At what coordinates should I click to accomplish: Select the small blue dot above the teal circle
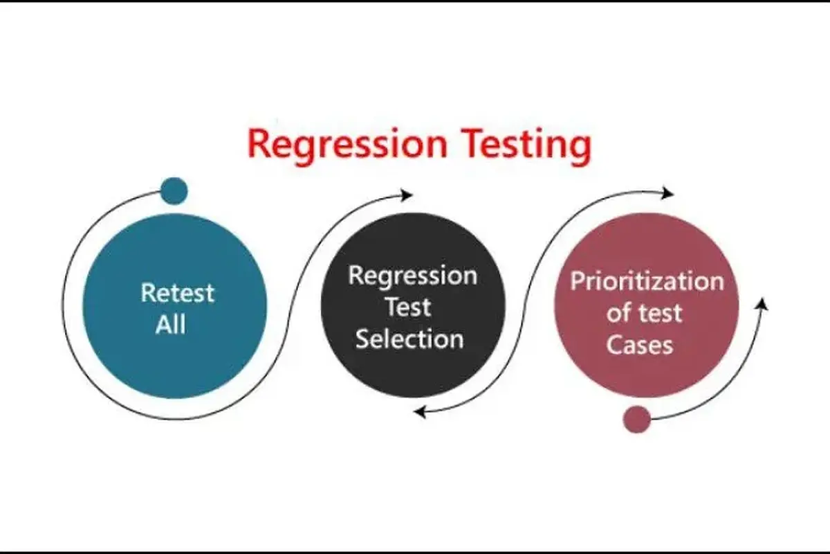point(174,191)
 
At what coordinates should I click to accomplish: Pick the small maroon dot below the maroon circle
point(636,419)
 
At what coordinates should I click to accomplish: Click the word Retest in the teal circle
point(177,292)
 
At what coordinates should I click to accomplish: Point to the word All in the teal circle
point(170,324)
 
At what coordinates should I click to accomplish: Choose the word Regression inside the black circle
point(412,276)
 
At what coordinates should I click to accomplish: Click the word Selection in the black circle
point(409,339)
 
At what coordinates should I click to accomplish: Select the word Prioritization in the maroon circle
point(646,282)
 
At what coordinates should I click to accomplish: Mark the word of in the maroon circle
point(618,313)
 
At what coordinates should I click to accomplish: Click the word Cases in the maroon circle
point(639,344)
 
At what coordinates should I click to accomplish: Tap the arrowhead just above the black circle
point(407,195)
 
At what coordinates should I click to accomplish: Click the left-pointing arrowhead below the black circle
point(420,412)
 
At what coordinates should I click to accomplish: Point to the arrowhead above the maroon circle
point(667,193)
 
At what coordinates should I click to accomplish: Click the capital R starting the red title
point(259,144)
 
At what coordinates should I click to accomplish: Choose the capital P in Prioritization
point(577,282)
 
